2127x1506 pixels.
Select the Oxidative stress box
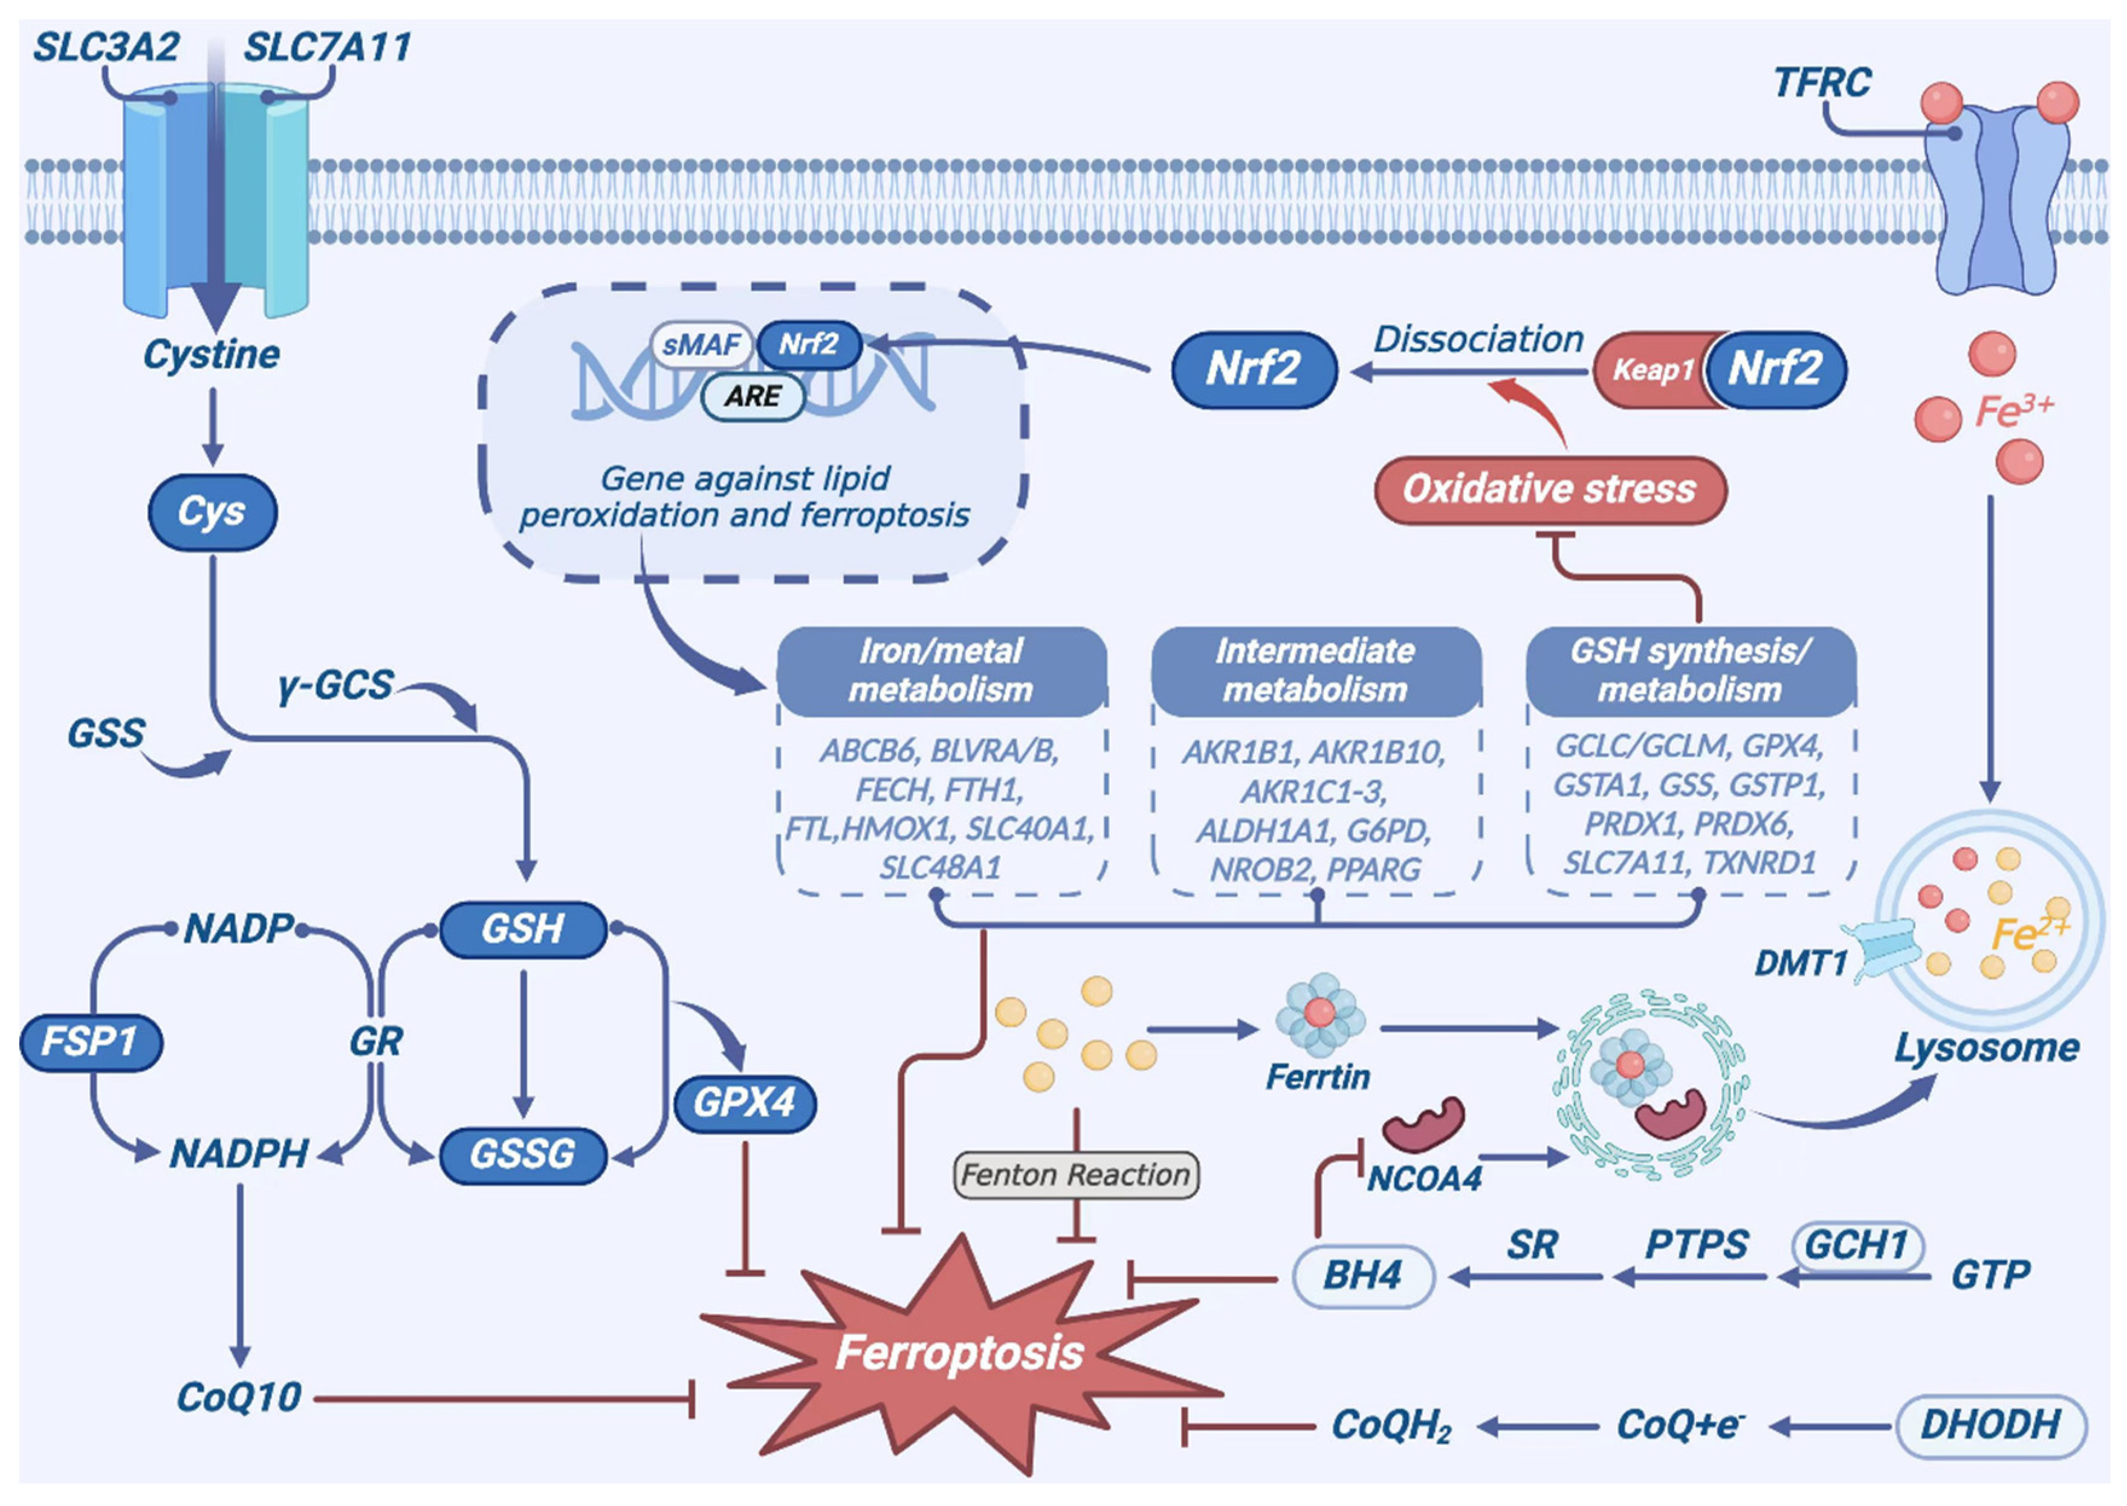click(1549, 489)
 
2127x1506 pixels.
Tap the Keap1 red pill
click(1652, 370)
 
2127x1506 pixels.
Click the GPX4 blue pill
click(744, 1102)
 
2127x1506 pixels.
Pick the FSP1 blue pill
click(90, 1041)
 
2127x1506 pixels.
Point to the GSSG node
click(522, 1154)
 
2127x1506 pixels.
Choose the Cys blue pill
click(212, 512)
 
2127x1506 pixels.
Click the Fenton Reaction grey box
click(1076, 1175)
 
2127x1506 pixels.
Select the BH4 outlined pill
click(1362, 1275)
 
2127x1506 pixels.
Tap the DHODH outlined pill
click(1990, 1424)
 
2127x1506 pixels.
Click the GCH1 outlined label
click(1856, 1244)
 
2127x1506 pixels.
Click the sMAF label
click(701, 345)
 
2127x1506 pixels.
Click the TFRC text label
click(1822, 83)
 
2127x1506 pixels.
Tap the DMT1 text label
click(1801, 963)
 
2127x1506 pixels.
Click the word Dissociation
click(1478, 340)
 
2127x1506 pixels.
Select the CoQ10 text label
click(239, 1397)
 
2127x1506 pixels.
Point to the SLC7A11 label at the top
click(328, 47)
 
